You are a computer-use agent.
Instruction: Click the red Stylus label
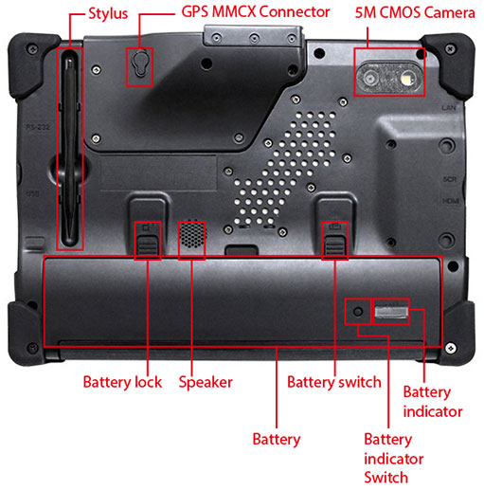click(108, 14)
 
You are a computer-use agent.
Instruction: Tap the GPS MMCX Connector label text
click(256, 12)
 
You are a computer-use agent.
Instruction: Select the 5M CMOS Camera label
click(415, 12)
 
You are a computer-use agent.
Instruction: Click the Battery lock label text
click(122, 382)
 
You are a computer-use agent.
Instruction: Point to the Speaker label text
click(206, 383)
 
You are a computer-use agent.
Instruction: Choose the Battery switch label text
click(334, 382)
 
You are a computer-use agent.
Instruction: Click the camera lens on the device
click(370, 78)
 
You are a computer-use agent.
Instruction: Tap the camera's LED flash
click(406, 78)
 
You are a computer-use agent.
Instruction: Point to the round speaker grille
click(191, 234)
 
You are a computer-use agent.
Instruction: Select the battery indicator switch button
click(358, 312)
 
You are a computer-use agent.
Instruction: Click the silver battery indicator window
click(391, 312)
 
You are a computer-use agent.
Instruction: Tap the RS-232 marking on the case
click(38, 127)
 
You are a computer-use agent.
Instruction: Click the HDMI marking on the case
click(450, 201)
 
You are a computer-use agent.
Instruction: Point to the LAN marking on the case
click(449, 108)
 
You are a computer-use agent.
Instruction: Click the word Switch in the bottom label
click(385, 477)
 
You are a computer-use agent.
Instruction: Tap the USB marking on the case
click(32, 193)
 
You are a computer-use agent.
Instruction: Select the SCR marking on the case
click(450, 179)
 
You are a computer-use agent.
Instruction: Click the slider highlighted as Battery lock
click(148, 245)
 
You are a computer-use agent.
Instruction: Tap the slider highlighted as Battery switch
click(334, 245)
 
